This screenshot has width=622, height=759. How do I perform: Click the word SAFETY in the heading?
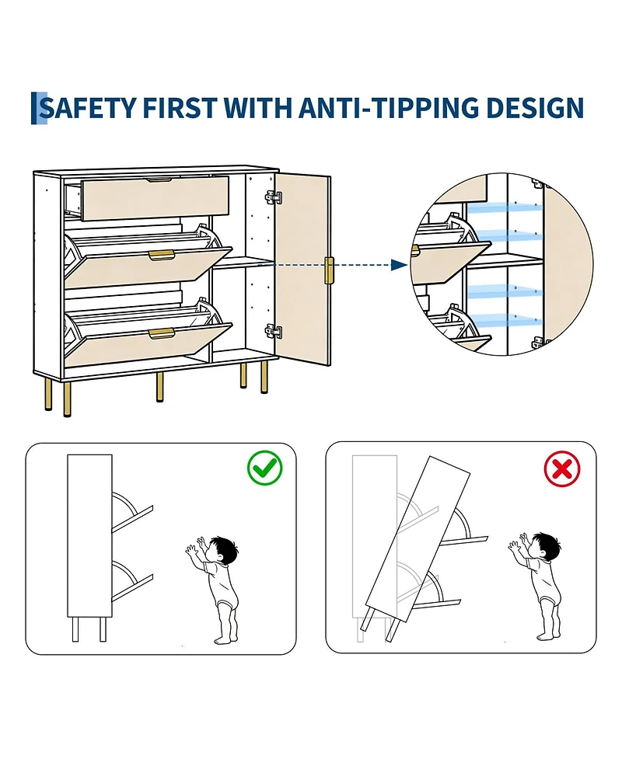point(87,108)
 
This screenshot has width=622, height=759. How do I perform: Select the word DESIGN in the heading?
point(535,108)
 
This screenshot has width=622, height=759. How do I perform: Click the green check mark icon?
point(264,468)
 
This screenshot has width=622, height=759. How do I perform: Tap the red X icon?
point(562,468)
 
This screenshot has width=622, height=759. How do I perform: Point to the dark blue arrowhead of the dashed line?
point(399,265)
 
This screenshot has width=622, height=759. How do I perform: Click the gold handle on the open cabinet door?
point(329,271)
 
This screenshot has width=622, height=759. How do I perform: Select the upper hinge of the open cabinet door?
point(273,197)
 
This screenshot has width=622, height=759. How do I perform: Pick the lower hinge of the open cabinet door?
point(273,331)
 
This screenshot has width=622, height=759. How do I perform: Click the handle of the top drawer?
point(159,180)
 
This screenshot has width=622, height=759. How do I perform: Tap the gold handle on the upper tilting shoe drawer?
point(161,255)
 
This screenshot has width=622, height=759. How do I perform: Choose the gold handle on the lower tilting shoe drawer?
point(161,333)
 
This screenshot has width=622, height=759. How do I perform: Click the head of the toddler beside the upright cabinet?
point(222,548)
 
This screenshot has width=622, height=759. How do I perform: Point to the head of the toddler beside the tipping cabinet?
point(545,545)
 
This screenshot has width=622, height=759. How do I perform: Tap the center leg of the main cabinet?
point(159,387)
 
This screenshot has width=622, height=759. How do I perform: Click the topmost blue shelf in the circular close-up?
point(504,209)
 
